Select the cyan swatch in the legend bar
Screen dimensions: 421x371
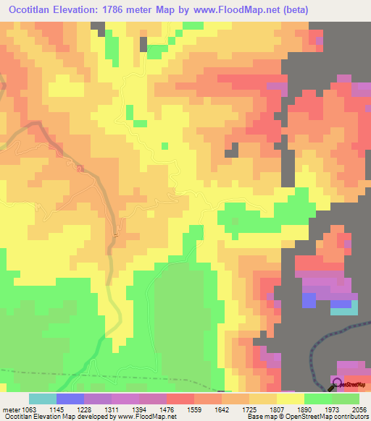tap(42, 399)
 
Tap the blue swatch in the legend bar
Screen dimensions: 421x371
tap(70, 399)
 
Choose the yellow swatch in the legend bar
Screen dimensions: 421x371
tap(290, 399)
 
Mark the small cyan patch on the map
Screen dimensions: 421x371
tap(344, 307)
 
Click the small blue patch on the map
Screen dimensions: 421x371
tap(309, 299)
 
